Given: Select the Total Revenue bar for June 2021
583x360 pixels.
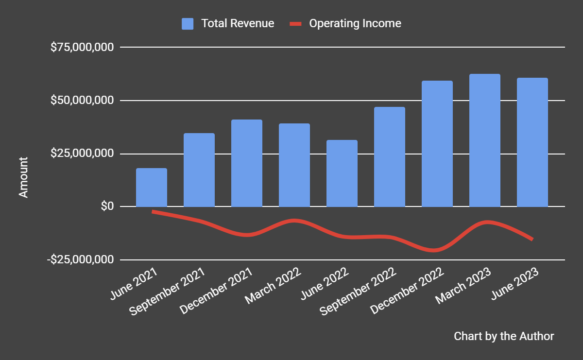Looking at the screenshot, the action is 152,188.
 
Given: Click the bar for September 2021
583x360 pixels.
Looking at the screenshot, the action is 199,170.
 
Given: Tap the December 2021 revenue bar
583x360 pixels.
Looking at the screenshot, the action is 247,163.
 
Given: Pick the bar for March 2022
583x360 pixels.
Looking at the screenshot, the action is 294,165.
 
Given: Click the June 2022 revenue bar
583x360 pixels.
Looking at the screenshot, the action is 342,173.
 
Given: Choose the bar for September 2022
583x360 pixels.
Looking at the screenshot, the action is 390,157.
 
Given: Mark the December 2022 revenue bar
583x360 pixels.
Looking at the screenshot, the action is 437,144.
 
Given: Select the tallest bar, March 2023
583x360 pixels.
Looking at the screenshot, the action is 485,140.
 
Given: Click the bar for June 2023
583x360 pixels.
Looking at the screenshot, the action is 532,142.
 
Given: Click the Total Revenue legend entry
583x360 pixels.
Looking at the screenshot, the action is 228,23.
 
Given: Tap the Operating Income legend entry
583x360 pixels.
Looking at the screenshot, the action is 345,23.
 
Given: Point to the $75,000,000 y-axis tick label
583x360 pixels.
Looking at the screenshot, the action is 82,48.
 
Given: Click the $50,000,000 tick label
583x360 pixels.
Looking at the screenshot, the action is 82,101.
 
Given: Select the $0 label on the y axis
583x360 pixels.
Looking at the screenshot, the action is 107,206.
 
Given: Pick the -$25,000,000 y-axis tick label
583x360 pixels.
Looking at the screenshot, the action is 81,259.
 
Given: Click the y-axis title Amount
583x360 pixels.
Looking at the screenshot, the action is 23,177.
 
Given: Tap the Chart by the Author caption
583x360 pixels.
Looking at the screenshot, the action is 503,336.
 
